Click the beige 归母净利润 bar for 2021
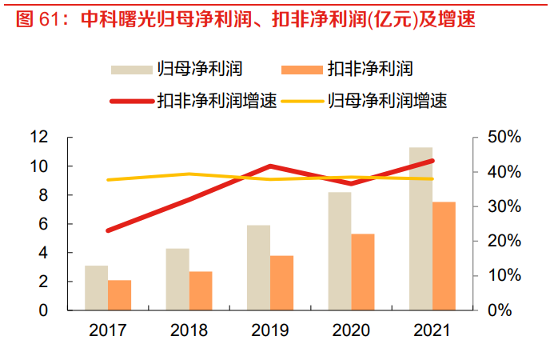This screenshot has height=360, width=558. pos(420,229)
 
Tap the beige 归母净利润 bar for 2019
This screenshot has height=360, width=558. pos(259,268)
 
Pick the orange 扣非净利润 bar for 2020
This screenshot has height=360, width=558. pos(362,272)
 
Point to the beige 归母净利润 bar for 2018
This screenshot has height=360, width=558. pos(177,279)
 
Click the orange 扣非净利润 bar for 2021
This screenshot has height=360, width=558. pos(444,256)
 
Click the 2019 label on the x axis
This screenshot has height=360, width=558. pos(270,330)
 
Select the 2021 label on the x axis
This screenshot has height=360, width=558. pos(432,330)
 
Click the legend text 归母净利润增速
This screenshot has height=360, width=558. pos(386,102)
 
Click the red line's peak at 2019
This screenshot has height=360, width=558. pos(270,166)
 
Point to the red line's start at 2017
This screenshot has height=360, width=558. pos(108,230)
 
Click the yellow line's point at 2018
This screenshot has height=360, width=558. pos(189,174)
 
